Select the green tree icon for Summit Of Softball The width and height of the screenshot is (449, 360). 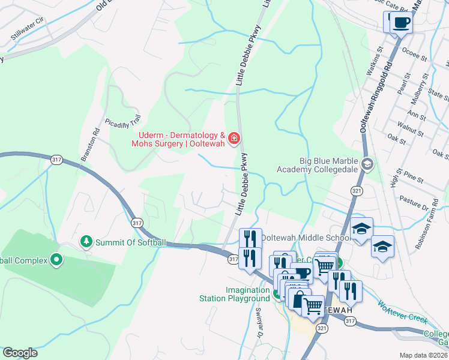86,241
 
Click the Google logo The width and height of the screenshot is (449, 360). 20,353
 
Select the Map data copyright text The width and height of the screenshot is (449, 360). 423,355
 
